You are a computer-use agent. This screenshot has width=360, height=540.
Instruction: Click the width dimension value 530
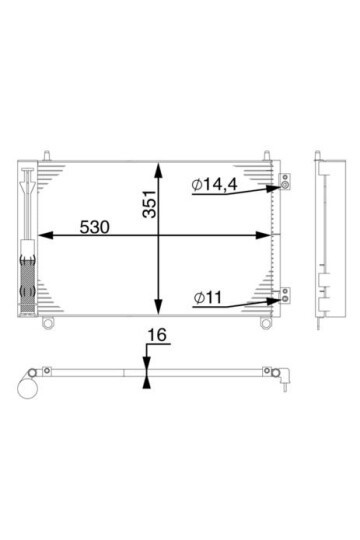(x=95, y=227)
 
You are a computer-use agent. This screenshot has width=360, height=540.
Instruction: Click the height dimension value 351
(x=150, y=204)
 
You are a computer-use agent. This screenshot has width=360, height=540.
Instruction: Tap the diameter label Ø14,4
(x=215, y=185)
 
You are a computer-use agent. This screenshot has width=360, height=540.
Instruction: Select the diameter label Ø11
(x=208, y=298)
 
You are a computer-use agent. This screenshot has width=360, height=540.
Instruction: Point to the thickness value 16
(x=157, y=335)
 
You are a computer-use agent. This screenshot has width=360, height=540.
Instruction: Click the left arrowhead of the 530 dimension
(x=45, y=235)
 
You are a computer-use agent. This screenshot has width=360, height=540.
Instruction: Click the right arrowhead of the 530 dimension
(x=263, y=235)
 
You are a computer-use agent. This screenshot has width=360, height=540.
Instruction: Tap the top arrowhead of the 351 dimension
(x=158, y=170)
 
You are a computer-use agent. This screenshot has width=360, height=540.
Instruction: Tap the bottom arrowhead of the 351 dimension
(x=158, y=307)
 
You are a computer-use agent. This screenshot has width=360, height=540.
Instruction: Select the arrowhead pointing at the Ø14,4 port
(x=274, y=188)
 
